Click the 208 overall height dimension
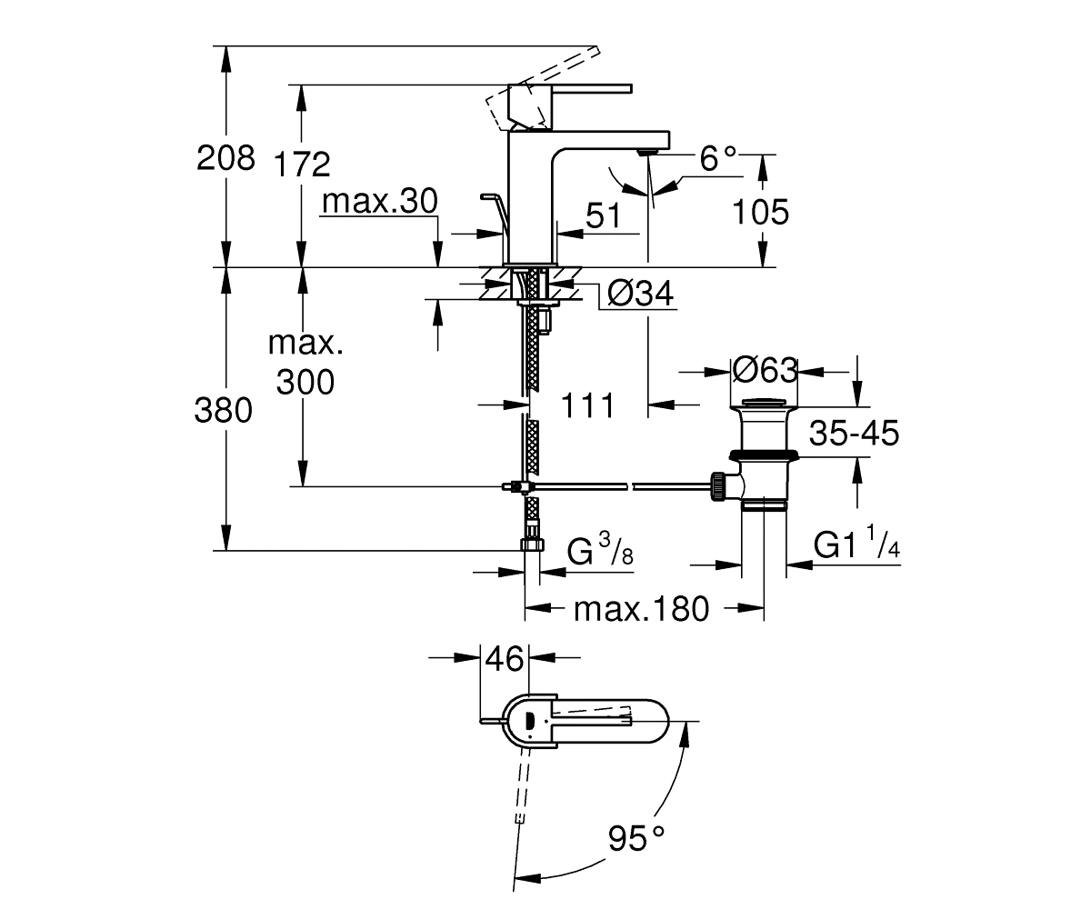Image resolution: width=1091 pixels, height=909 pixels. [x=225, y=157]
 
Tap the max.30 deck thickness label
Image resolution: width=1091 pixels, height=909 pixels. [x=379, y=201]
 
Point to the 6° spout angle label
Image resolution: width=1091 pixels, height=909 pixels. [x=718, y=159]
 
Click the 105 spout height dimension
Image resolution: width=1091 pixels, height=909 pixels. [x=760, y=212]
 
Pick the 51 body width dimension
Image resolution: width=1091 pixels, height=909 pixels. [x=604, y=215]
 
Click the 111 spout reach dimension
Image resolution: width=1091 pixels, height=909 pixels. [x=587, y=405]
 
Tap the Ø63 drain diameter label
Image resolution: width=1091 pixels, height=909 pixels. [x=765, y=370]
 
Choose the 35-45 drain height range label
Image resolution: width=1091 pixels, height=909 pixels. [x=854, y=433]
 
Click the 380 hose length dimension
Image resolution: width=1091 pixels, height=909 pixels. [x=223, y=410]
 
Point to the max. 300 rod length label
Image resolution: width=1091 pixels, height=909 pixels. [x=305, y=363]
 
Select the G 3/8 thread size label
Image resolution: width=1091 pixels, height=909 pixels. [x=600, y=550]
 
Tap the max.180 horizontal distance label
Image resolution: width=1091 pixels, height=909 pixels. [x=641, y=609]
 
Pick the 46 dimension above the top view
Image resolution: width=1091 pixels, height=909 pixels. [x=505, y=658]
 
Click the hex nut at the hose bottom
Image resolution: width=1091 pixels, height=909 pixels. [x=532, y=544]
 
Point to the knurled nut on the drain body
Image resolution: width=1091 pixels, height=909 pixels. [x=717, y=486]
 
